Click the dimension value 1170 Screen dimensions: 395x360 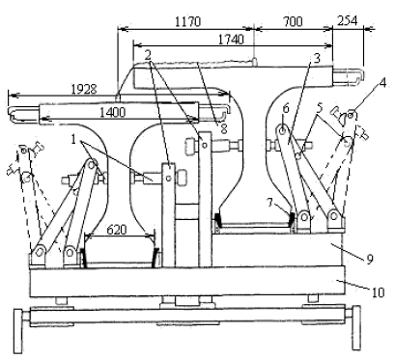tap(188, 22)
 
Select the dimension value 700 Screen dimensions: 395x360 tap(293, 21)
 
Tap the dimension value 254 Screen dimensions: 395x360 tap(348, 21)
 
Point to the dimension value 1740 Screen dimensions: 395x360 tap(231, 40)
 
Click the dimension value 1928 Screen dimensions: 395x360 tap(84, 89)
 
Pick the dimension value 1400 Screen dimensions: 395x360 tap(112, 113)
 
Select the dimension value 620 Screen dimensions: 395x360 tap(117, 230)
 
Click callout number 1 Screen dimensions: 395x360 tap(73, 140)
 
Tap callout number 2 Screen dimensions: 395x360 tap(148, 55)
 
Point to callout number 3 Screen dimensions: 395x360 tap(317, 58)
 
